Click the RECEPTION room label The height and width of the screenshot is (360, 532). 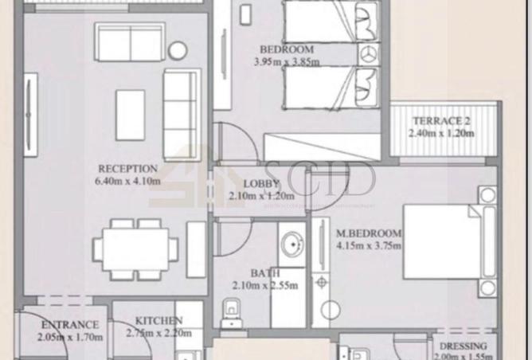point(127,169)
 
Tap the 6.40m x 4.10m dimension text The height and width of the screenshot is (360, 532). point(127,181)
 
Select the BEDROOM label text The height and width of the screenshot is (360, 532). point(286,49)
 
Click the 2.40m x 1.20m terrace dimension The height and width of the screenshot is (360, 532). point(440,133)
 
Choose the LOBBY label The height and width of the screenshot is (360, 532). point(260,184)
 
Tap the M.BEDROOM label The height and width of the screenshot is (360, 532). point(369,233)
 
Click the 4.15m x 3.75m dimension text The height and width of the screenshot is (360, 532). point(369,245)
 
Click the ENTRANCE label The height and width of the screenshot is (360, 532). point(70,325)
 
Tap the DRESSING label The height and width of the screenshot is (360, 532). point(463,346)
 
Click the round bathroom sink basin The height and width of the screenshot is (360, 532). point(291,243)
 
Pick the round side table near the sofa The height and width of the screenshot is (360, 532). point(178,51)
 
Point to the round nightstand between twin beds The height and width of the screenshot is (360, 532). point(369,56)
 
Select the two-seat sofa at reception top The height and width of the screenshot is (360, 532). point(130,41)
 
